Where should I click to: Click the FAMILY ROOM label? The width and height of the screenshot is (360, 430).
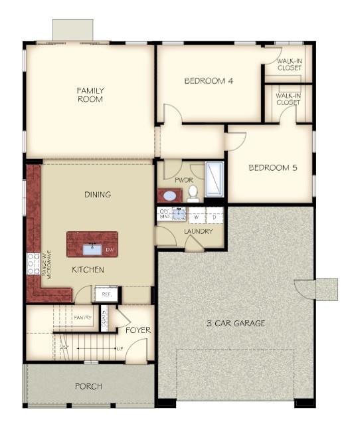(90, 94)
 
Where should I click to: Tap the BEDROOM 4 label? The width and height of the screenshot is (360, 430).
(208, 80)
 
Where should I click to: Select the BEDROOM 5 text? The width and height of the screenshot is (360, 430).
(272, 167)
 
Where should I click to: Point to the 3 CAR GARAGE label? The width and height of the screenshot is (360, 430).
(234, 323)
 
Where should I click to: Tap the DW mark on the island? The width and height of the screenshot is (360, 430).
(110, 250)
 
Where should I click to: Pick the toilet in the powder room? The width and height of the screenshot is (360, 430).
(193, 193)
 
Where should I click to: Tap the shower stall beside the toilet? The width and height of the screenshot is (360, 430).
(214, 179)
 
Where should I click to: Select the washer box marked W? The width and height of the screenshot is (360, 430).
(197, 217)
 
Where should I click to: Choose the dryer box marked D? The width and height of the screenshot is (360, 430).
(214, 217)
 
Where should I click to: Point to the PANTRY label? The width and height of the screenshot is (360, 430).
(82, 318)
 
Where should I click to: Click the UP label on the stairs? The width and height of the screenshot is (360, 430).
(120, 348)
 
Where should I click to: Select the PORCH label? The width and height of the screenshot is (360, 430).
(88, 386)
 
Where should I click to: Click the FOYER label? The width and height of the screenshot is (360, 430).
(138, 330)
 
